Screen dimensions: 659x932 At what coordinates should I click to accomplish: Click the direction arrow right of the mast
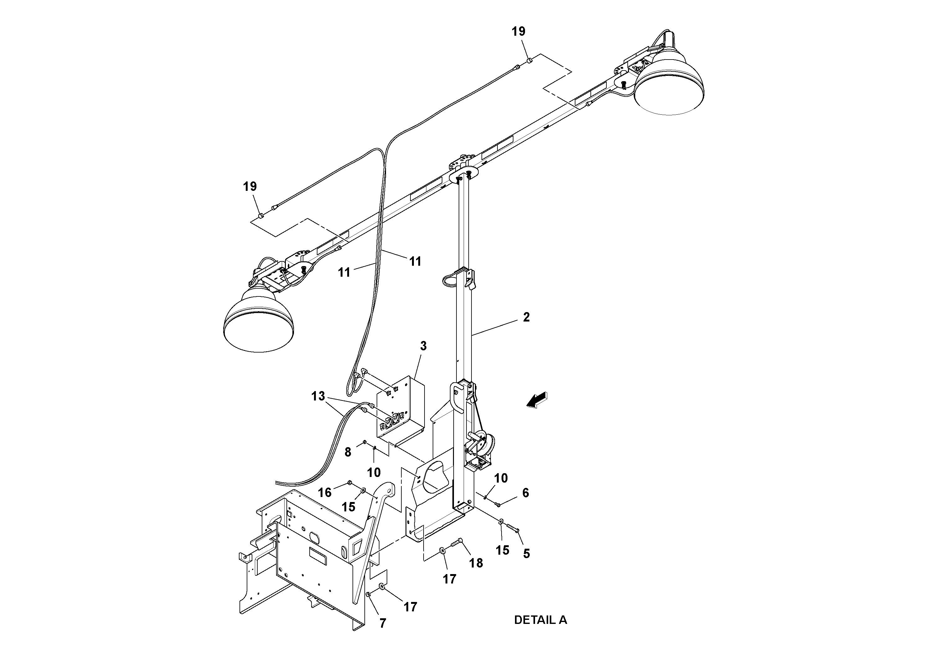click(537, 400)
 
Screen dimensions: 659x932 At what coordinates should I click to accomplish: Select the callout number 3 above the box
click(423, 346)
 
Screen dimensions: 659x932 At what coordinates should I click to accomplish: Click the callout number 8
click(348, 452)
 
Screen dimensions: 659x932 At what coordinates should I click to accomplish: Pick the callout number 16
click(324, 492)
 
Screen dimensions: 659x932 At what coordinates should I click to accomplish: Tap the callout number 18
click(476, 563)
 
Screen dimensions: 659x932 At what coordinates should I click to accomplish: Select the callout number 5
click(527, 554)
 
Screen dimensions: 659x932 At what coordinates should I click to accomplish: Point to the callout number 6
click(525, 493)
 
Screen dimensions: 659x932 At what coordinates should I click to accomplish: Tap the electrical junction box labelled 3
click(400, 408)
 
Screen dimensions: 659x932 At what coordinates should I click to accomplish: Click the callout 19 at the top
click(518, 31)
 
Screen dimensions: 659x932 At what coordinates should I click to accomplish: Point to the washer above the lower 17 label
click(382, 586)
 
